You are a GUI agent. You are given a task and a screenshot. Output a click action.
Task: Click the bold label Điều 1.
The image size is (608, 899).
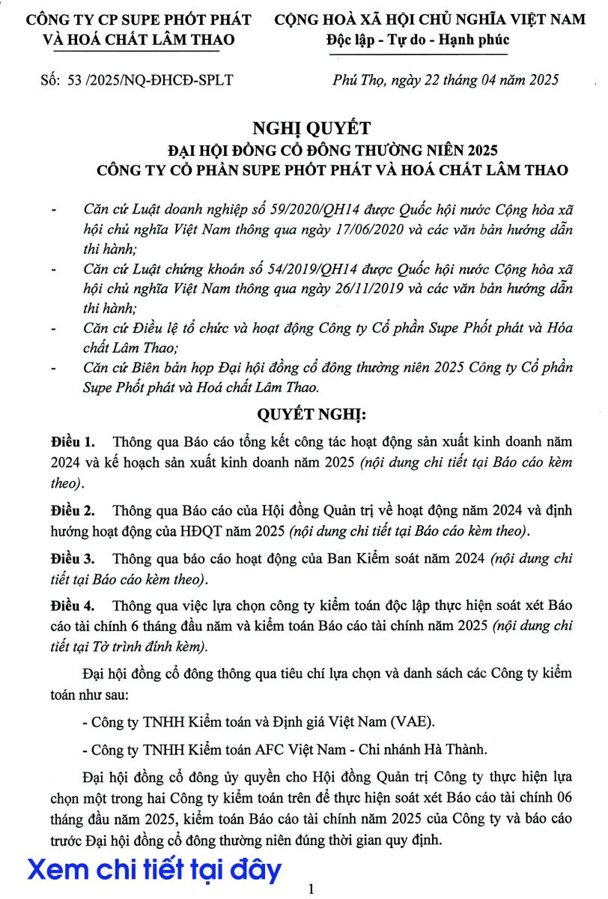(x=73, y=441)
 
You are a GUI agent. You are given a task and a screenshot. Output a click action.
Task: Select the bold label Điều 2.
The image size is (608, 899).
(x=73, y=511)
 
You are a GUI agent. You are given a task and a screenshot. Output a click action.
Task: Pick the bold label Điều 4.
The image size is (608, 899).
(x=73, y=605)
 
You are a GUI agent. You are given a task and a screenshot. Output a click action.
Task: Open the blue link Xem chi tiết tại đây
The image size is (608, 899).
(x=155, y=870)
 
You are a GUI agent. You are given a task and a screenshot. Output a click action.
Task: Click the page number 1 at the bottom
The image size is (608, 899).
(x=311, y=889)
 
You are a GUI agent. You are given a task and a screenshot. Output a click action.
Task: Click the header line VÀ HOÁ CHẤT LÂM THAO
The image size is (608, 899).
(x=139, y=40)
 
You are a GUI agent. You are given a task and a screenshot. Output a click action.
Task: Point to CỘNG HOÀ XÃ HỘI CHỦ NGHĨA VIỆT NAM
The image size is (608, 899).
(x=430, y=19)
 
